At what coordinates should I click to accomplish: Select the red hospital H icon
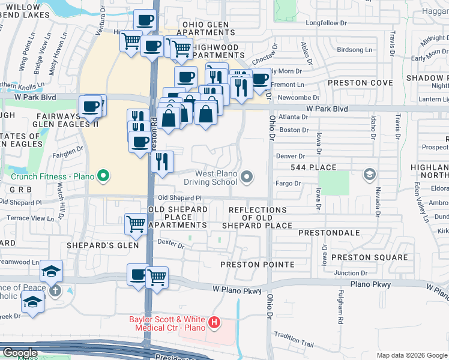point(214,325)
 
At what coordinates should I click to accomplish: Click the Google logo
point(20,353)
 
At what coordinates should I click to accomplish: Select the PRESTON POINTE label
point(257,265)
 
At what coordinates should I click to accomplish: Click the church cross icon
point(55,291)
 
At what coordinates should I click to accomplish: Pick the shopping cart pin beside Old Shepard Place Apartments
point(135,224)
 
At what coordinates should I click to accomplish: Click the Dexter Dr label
point(170,242)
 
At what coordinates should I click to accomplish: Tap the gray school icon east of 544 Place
point(370,175)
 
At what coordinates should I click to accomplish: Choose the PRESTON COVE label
point(354,83)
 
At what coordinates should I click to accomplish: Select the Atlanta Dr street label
point(293,118)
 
